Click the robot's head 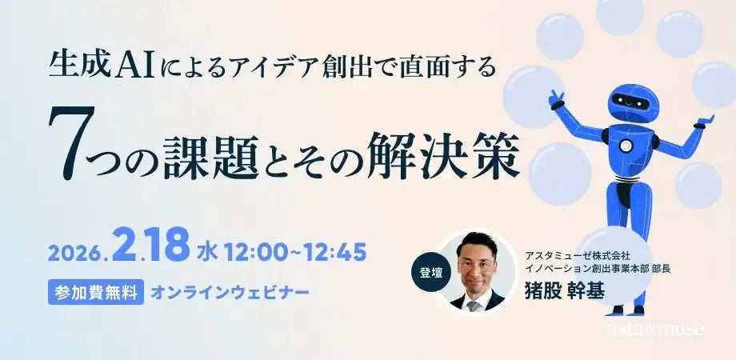632,103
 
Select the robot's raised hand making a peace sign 557,100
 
